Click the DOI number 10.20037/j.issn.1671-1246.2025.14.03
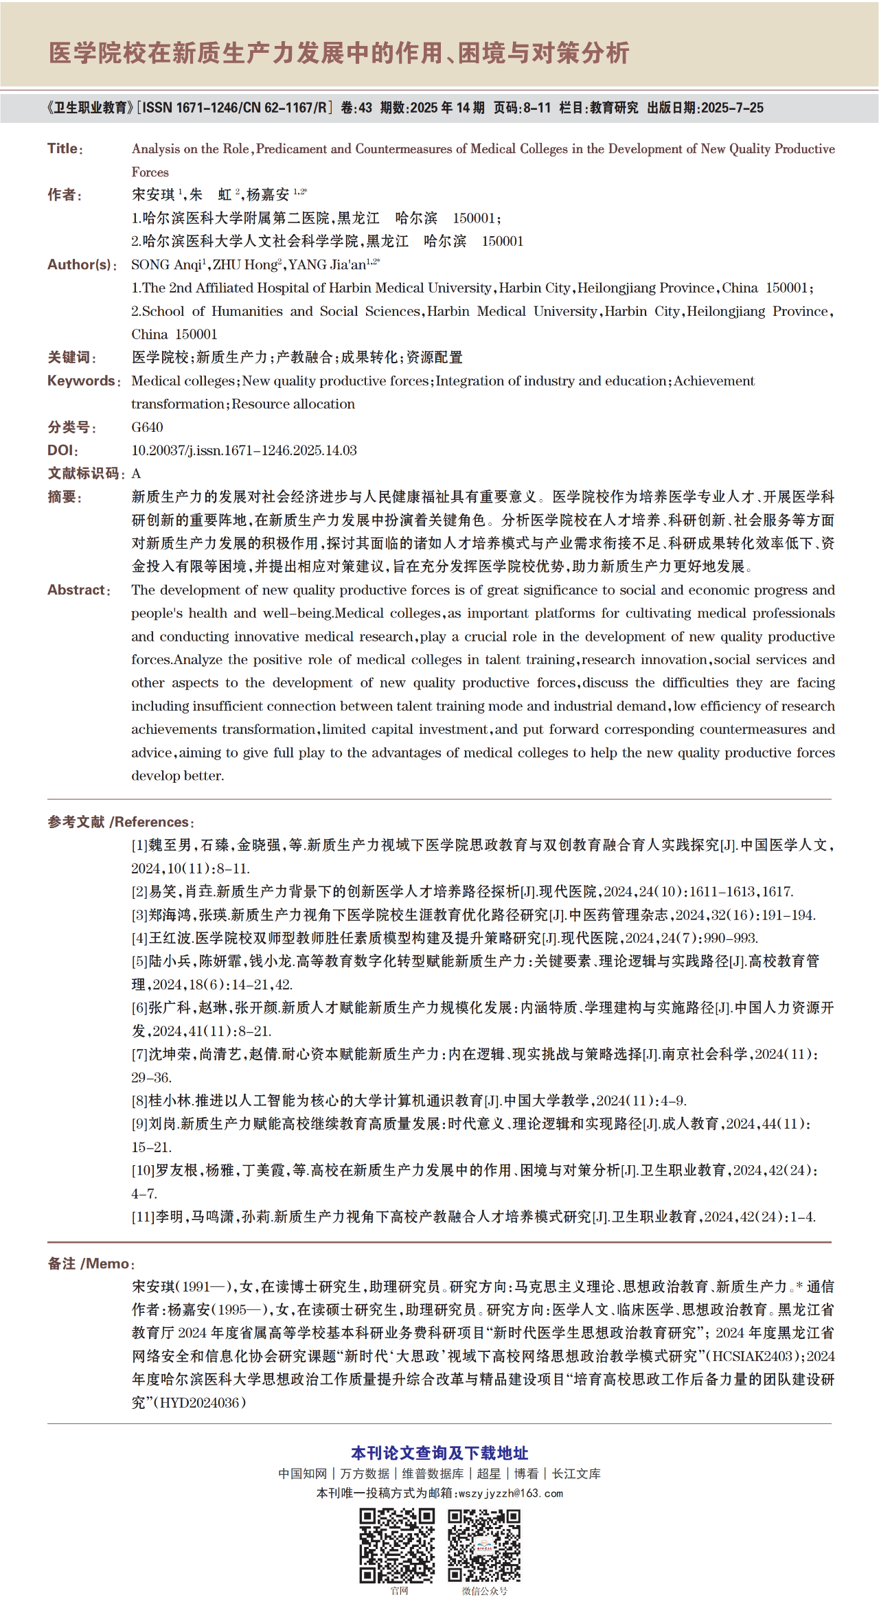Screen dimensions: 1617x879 point(244,450)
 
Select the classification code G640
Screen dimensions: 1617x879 point(147,427)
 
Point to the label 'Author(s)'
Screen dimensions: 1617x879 point(80,265)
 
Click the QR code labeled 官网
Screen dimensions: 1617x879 point(398,1545)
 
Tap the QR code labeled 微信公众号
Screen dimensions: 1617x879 point(484,1545)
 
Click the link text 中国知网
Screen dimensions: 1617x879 point(302,1473)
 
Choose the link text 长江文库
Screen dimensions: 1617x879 point(576,1473)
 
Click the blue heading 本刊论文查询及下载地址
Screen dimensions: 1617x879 point(439,1453)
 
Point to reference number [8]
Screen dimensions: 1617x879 point(139,1101)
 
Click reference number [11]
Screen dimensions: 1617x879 point(143,1217)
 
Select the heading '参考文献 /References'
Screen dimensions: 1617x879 point(118,822)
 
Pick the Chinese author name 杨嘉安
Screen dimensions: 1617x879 point(268,195)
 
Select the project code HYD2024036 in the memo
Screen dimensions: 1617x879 point(202,1403)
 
